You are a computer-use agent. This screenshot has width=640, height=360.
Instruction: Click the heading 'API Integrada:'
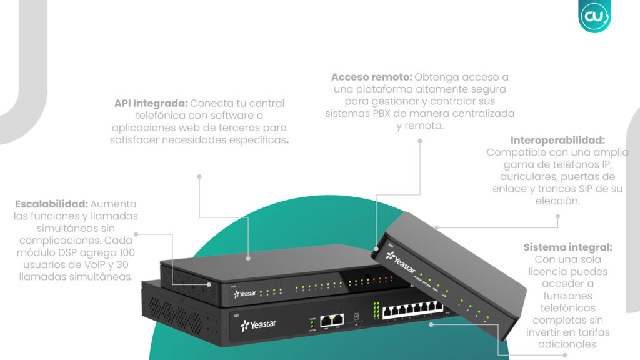(151, 103)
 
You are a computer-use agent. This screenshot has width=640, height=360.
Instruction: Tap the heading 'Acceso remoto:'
(372, 77)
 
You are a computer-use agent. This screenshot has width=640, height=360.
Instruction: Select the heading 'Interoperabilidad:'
(557, 141)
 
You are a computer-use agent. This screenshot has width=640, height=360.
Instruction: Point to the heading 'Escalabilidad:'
(52, 204)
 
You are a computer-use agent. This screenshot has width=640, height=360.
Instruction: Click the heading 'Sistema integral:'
(567, 247)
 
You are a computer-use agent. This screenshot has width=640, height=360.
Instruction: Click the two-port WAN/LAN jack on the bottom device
(332, 321)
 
